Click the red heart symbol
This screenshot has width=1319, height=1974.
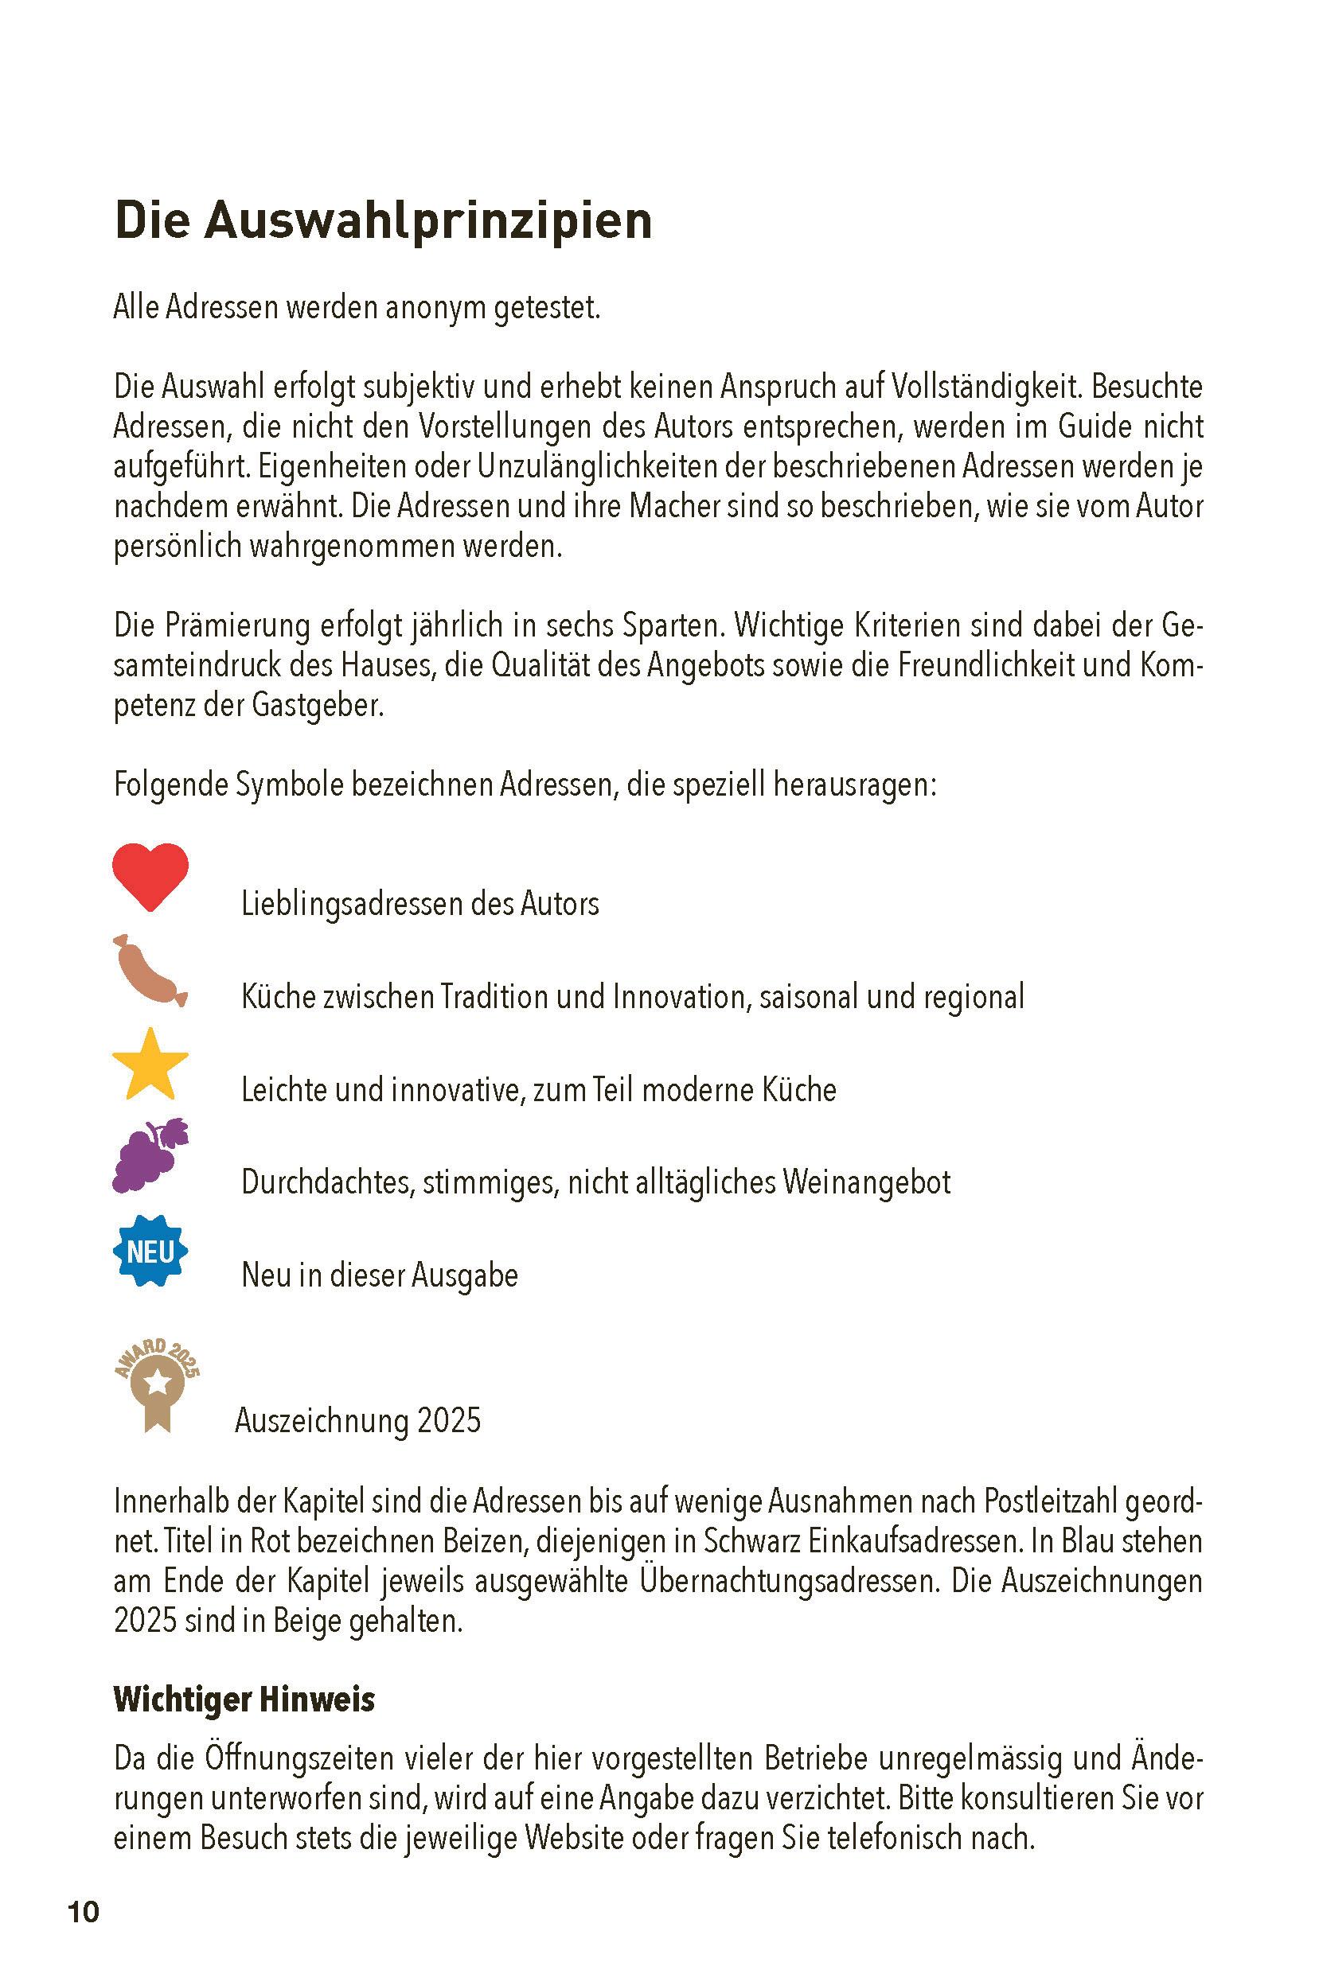coord(150,876)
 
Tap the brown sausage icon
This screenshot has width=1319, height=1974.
coord(149,971)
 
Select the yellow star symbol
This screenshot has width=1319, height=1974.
coord(150,1065)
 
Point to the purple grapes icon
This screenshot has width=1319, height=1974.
coord(150,1156)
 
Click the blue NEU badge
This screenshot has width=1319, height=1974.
coord(150,1251)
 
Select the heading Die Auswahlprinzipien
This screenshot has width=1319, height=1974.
coord(383,220)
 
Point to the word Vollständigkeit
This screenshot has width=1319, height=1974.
coord(980,387)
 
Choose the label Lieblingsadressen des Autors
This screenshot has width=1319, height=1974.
coord(420,904)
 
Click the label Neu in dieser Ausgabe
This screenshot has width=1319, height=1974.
coord(380,1275)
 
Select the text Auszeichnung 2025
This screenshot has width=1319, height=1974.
coord(357,1420)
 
